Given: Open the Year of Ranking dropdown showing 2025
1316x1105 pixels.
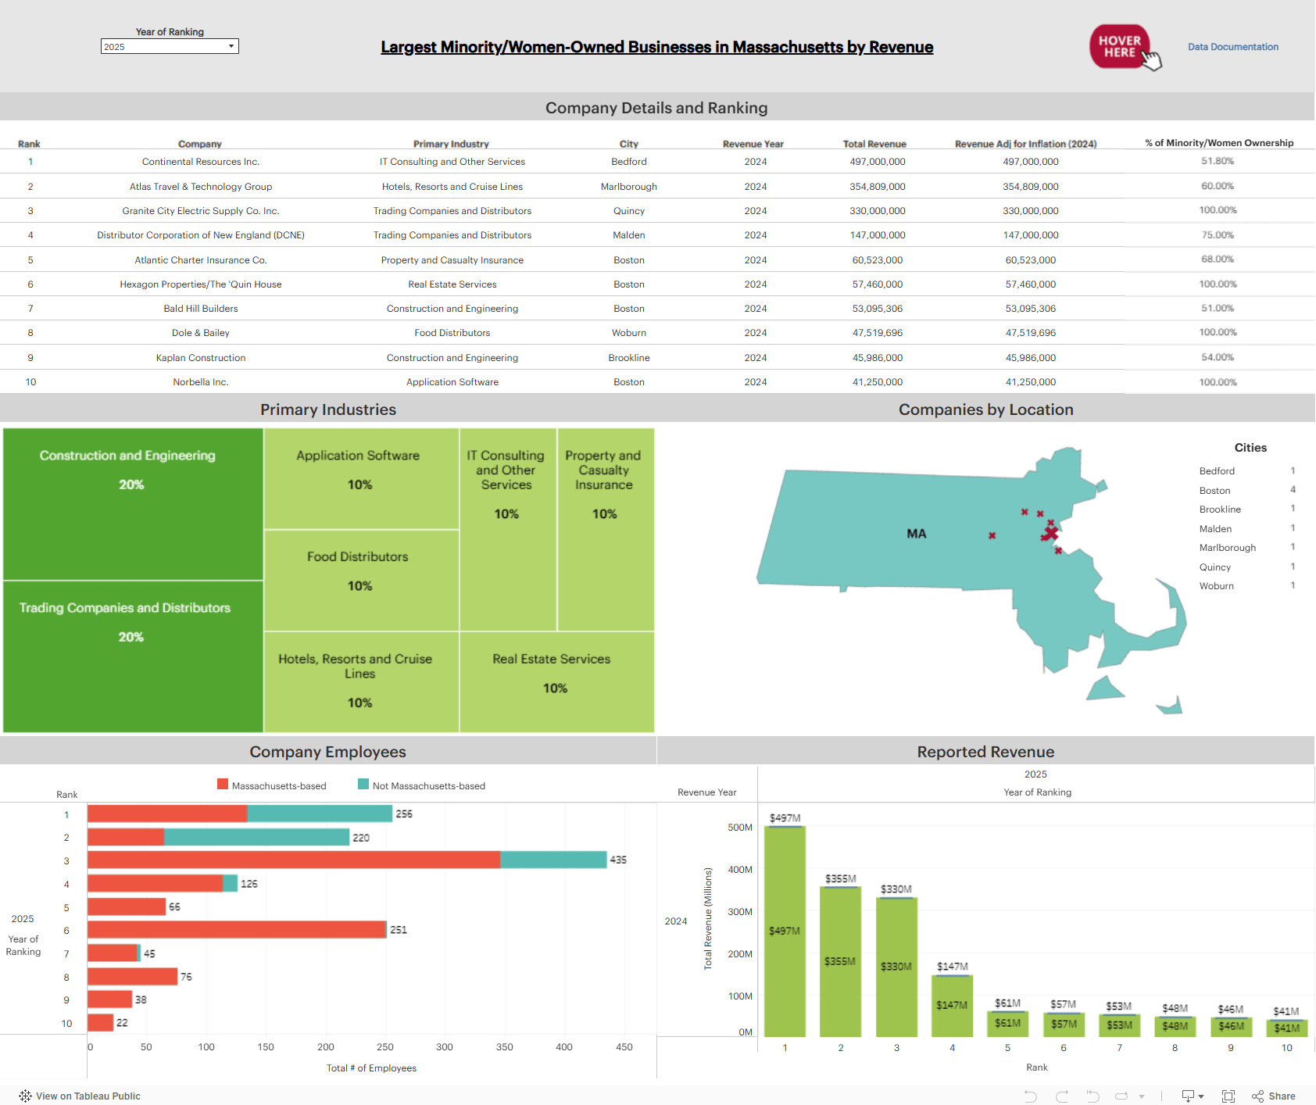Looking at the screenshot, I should click(x=170, y=47).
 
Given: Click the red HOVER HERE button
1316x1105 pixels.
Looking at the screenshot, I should click(x=1119, y=47).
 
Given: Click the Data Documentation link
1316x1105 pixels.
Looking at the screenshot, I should click(x=1232, y=47).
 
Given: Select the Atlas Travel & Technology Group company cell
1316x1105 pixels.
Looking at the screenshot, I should click(x=201, y=187).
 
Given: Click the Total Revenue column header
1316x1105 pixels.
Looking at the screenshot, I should click(x=874, y=144).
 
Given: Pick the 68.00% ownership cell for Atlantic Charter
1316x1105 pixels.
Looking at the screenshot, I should click(x=1217, y=259).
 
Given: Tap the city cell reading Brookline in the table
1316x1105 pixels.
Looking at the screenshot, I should click(x=628, y=358).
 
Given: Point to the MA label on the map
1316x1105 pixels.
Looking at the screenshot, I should click(x=916, y=534).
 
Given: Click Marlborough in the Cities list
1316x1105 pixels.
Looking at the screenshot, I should click(x=1227, y=548).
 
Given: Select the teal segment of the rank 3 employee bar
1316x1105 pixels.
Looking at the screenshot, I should click(x=553, y=860).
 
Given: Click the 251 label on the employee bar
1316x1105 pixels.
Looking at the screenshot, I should click(x=399, y=930).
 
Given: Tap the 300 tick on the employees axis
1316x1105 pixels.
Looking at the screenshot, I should click(x=444, y=1047).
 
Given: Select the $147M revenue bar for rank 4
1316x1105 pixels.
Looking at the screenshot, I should click(x=952, y=1007).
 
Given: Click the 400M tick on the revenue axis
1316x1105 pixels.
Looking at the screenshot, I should click(x=739, y=870).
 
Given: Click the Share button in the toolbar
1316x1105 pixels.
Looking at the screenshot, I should click(x=1274, y=1096).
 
